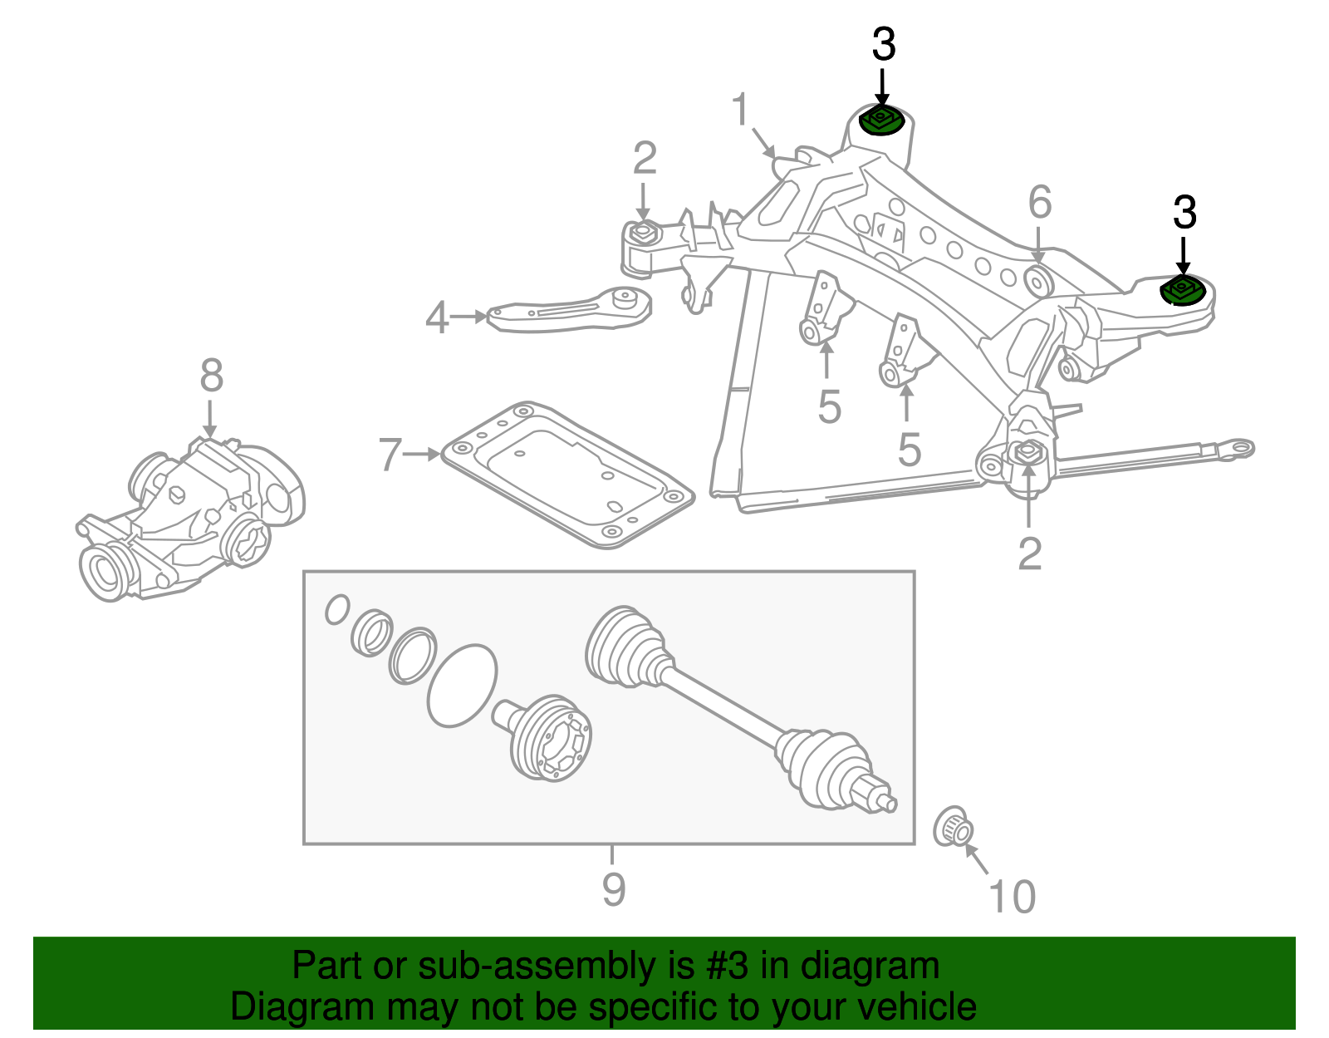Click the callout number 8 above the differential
click(212, 376)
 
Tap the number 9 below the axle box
click(613, 889)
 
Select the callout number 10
click(1013, 897)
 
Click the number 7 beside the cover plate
click(390, 455)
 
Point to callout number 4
click(437, 317)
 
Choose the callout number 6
click(1040, 203)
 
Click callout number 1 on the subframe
click(740, 111)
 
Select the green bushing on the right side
click(1181, 291)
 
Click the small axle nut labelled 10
click(954, 826)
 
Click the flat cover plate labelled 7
click(565, 474)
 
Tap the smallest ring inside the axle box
click(336, 609)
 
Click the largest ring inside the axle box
click(462, 686)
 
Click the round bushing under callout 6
click(1039, 280)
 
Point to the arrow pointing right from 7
click(423, 455)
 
